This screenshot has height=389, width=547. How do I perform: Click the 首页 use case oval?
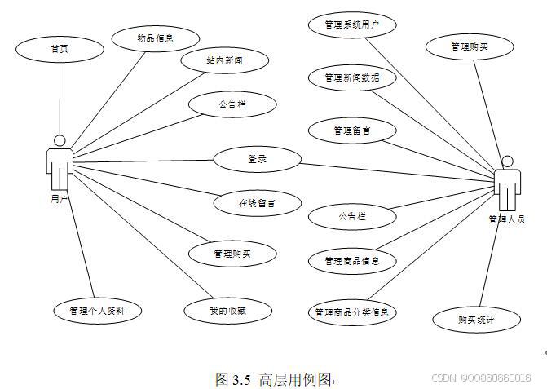pos(60,49)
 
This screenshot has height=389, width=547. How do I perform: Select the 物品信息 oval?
pos(154,38)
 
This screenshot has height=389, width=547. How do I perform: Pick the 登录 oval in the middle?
pos(257,159)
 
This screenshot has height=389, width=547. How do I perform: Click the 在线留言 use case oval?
pos(257,203)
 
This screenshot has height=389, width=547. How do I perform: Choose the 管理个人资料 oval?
pos(97,311)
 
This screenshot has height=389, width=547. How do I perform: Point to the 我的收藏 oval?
pos(227,311)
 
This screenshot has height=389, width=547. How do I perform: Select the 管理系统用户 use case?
pos(352,25)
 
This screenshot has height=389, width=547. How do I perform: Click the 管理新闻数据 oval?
pos(351,78)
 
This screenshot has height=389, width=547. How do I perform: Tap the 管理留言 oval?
pos(352,130)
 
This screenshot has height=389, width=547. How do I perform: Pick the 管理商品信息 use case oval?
pos(352,261)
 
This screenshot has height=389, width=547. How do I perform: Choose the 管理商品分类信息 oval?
pos(352,312)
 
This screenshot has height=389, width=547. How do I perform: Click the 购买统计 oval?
pos(476,320)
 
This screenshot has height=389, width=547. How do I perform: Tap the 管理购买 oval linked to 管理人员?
pos(470,47)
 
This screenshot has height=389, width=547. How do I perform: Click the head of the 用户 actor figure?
pos(59,139)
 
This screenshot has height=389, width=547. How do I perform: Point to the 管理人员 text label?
pos(506,219)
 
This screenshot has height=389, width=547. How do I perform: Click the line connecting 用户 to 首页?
pos(60,98)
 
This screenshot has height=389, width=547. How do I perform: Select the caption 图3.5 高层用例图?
pos(275,378)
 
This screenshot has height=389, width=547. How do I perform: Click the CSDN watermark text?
pos(480,378)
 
